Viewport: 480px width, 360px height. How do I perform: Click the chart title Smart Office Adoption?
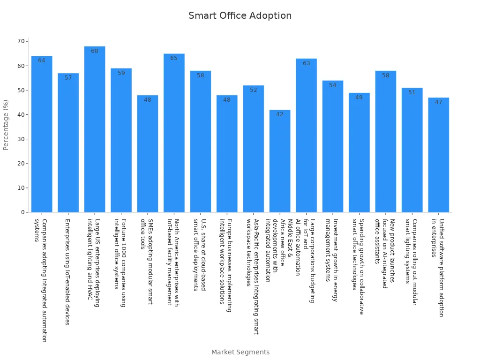[x=240, y=16]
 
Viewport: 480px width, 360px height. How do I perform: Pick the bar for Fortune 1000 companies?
[x=121, y=141]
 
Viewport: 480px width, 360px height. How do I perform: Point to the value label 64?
[x=42, y=60]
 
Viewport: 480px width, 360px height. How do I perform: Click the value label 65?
[x=174, y=58]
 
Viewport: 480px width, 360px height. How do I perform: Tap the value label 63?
[x=306, y=63]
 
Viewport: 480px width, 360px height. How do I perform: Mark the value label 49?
[x=359, y=97]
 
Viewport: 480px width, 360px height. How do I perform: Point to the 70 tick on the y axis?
[x=21, y=41]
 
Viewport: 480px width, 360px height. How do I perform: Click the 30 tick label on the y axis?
[x=21, y=139]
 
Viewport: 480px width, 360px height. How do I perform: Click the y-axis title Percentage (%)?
[x=6, y=125]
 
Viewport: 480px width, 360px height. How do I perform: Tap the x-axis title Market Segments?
[x=240, y=352]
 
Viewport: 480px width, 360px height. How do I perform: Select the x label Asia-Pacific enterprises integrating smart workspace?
[x=253, y=276]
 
